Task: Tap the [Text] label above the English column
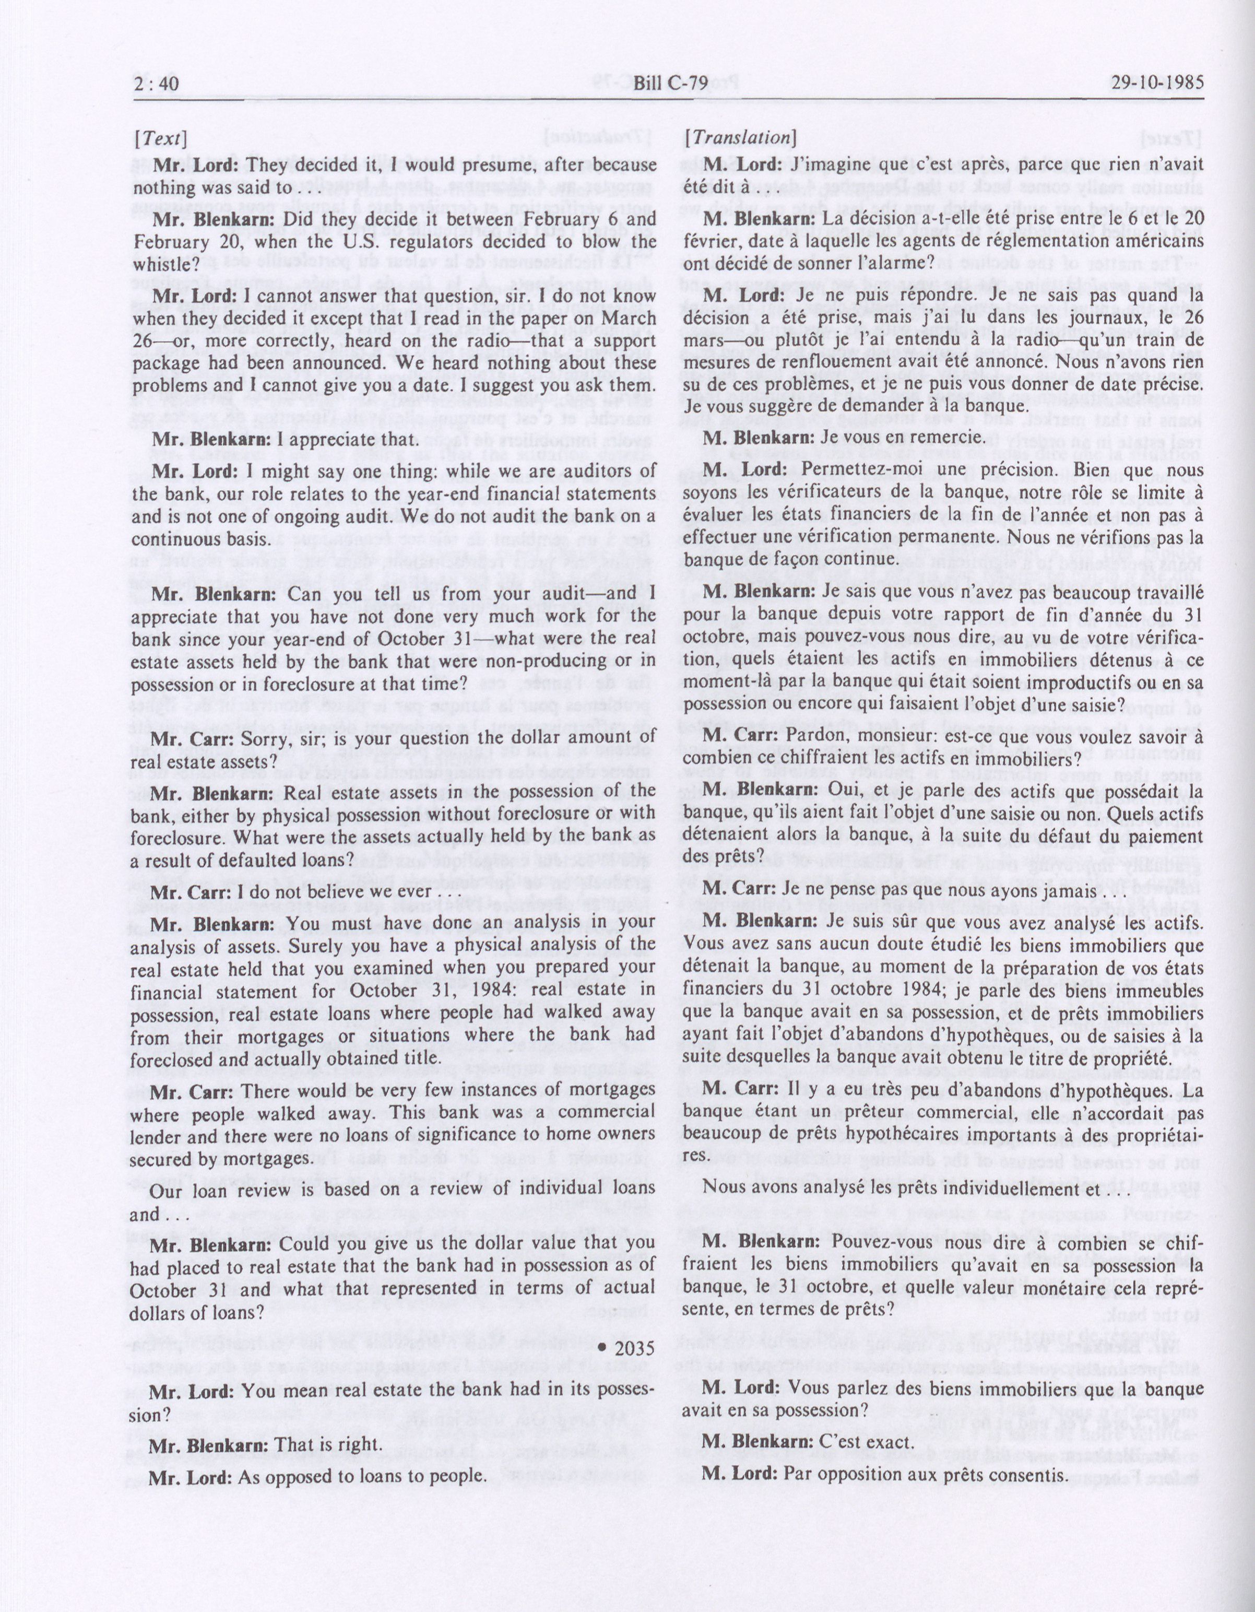[160, 138]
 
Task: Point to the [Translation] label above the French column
[740, 137]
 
